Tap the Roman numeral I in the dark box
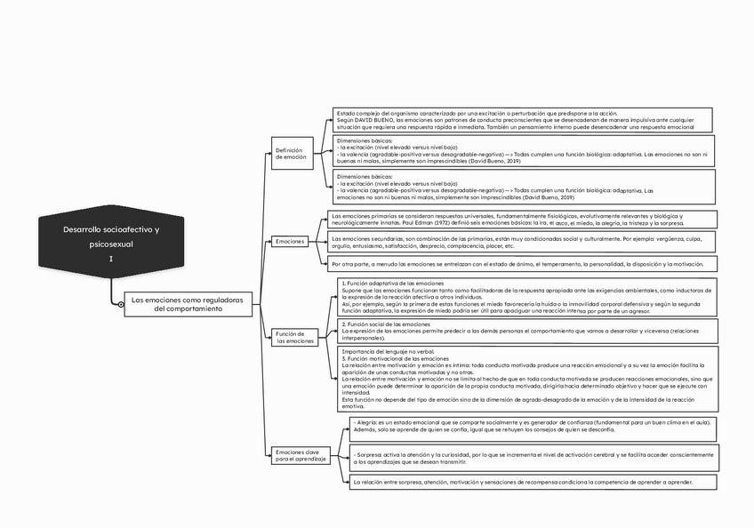click(111, 259)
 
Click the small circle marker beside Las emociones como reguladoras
click(121, 305)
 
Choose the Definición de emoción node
click(292, 154)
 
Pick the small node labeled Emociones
click(291, 242)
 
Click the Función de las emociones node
click(294, 337)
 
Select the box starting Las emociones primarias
click(516, 220)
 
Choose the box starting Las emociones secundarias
click(516, 242)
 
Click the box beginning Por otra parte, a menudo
click(516, 264)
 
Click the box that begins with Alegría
click(532, 426)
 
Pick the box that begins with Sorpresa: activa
click(532, 458)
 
